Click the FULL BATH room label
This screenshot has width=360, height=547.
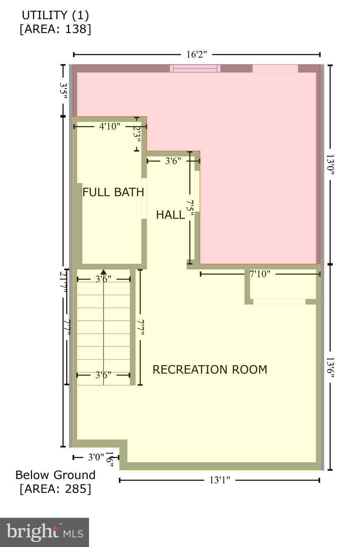tap(113, 192)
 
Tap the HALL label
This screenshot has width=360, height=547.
tap(170, 215)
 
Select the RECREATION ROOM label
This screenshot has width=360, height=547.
tap(210, 370)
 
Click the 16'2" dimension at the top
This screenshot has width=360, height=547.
tap(197, 54)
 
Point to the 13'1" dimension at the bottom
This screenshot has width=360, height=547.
tap(220, 480)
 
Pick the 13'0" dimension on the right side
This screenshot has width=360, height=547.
tap(330, 164)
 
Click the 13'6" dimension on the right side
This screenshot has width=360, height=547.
tap(330, 368)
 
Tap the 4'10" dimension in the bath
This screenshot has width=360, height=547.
tap(110, 126)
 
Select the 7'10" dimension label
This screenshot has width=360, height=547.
tap(260, 274)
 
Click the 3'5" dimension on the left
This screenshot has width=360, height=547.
tap(63, 90)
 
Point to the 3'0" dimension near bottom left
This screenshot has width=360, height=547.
tap(96, 457)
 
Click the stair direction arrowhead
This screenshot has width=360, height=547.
tap(104, 272)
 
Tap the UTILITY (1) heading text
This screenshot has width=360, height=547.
tap(56, 15)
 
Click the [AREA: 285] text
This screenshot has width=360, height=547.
tap(56, 489)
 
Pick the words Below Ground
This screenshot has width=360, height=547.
tap(56, 475)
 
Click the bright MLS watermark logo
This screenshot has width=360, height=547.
tap(45, 532)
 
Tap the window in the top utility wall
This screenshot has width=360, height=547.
tap(195, 68)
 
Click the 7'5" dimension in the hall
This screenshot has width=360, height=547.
tap(191, 208)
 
